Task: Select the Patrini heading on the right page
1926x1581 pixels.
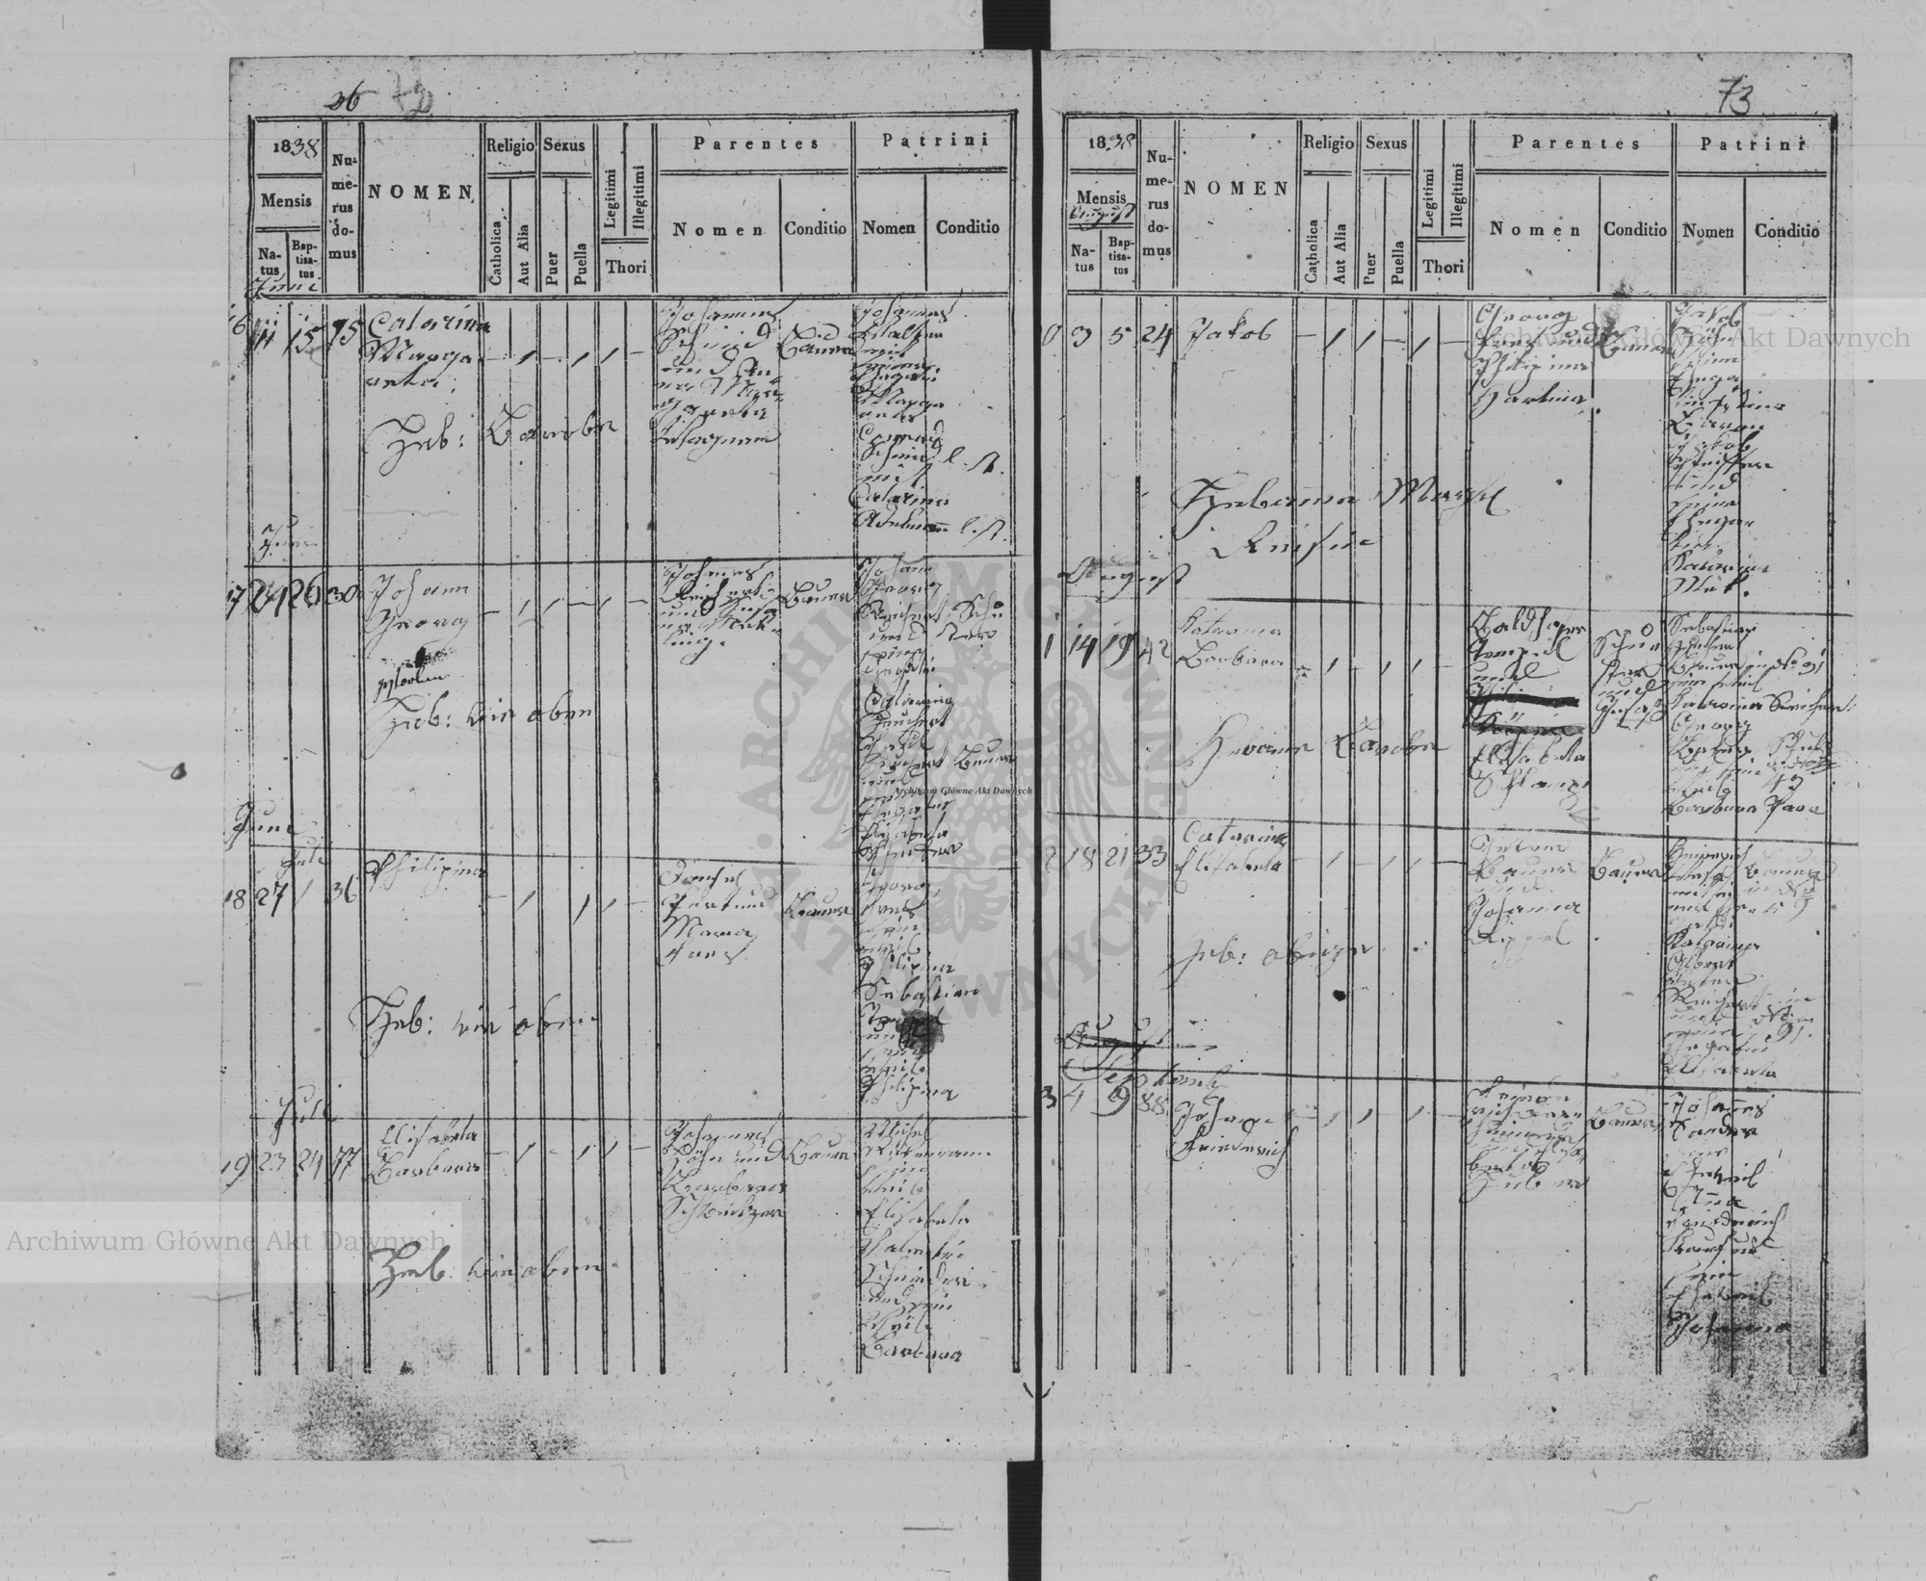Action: point(1750,144)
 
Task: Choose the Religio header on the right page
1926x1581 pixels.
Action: point(1328,143)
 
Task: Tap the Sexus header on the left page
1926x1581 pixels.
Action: point(563,145)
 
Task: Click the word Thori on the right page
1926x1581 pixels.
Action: point(1443,266)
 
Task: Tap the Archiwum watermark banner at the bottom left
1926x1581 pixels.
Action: point(226,1241)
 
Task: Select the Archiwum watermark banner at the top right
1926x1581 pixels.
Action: point(1690,337)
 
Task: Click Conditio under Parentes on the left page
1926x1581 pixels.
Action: point(815,229)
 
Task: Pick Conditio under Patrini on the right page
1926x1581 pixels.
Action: point(1786,231)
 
